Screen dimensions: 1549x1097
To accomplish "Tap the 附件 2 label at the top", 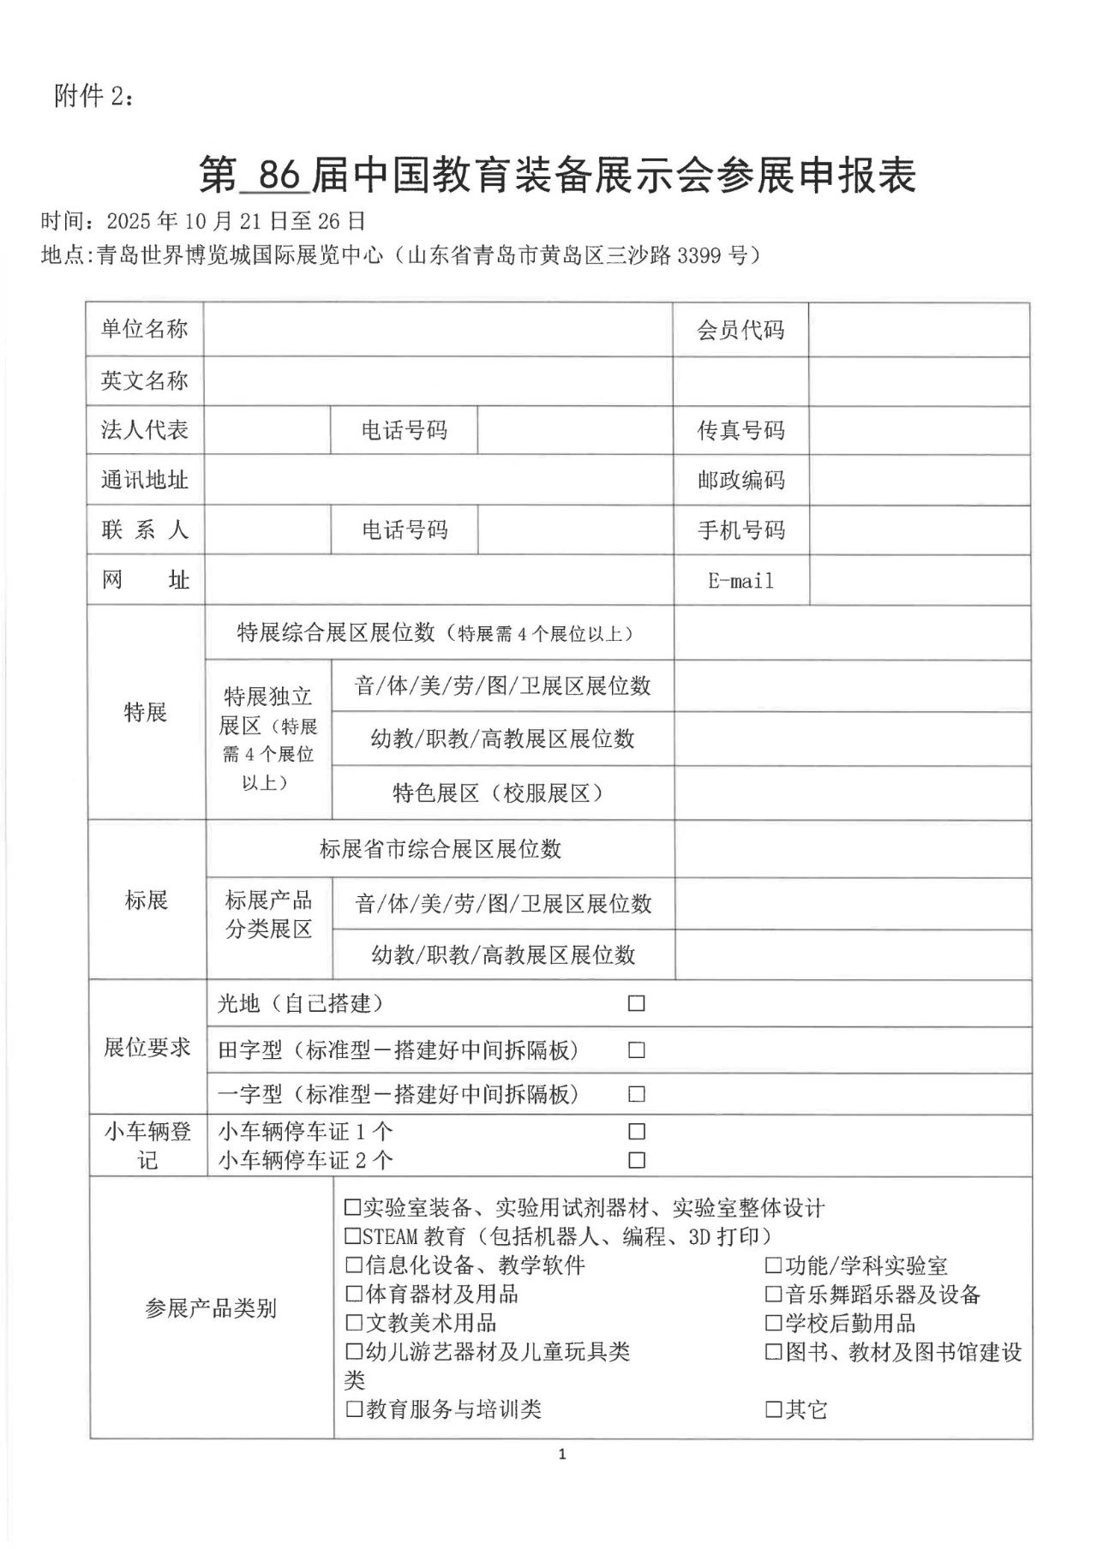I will (93, 97).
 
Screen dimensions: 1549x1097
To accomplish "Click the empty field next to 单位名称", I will (437, 329).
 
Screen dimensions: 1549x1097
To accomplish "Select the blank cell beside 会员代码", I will (918, 329).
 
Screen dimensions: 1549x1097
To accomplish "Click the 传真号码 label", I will (740, 430).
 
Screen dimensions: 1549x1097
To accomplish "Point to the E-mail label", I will (740, 581).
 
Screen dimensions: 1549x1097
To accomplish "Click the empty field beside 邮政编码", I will (918, 480).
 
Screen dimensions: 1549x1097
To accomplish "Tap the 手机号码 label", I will (740, 530).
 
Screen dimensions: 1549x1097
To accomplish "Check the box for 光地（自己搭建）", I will (636, 1003).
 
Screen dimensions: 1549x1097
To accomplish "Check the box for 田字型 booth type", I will (636, 1050).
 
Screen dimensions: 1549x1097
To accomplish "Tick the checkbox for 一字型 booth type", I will (636, 1094).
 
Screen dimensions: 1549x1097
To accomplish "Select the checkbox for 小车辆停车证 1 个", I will (636, 1132).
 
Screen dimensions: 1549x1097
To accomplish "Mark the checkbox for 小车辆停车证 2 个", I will (636, 1160).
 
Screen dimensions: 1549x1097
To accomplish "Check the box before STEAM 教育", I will (352, 1236).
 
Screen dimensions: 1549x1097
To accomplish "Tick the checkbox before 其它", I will (774, 1408).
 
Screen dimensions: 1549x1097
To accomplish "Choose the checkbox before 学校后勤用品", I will (774, 1323).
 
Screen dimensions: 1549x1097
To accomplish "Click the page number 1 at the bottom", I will (562, 1454).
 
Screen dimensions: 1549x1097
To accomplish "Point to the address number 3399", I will (699, 255).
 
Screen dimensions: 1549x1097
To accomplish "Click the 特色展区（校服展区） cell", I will (498, 793).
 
